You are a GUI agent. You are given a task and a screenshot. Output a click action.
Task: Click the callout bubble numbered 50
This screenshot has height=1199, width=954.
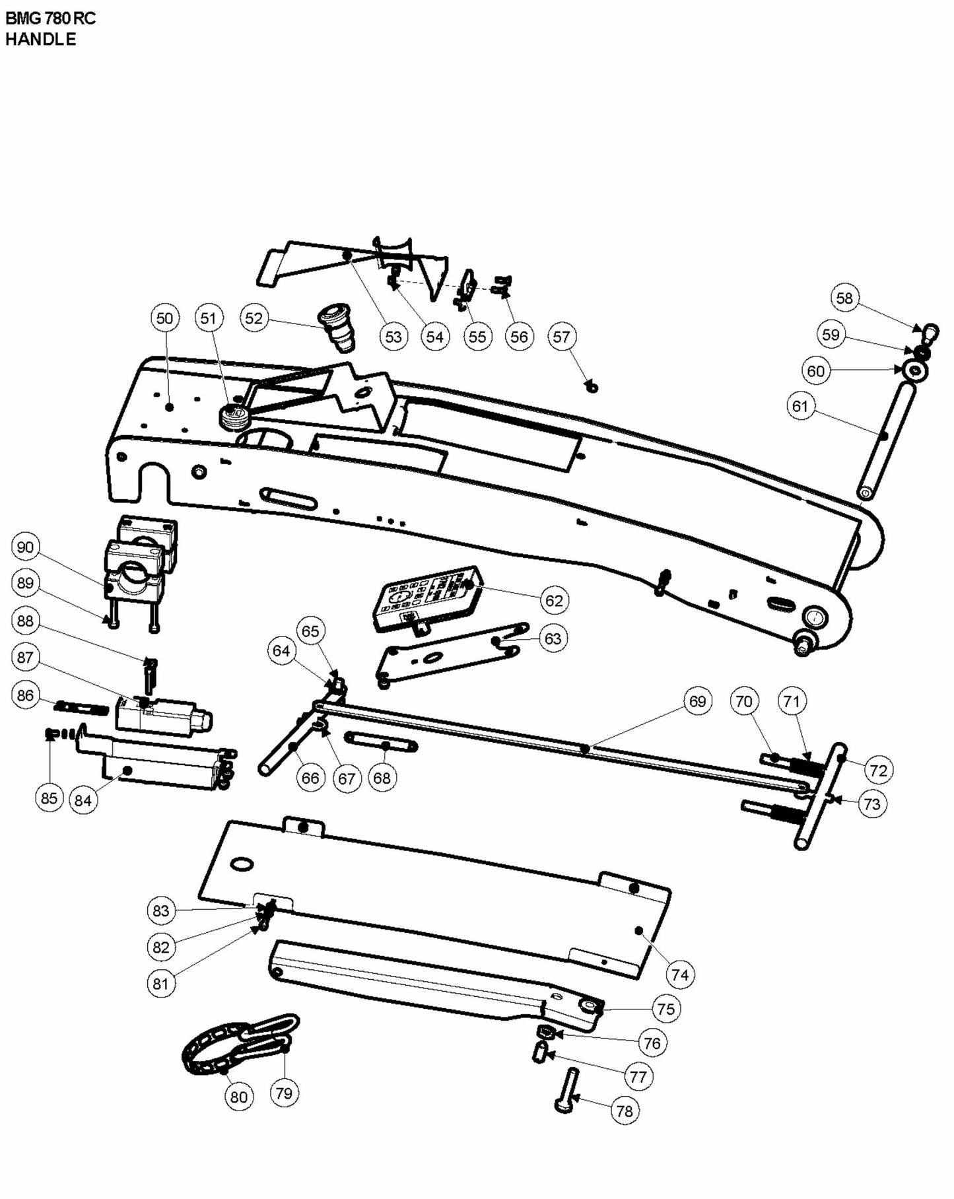164,318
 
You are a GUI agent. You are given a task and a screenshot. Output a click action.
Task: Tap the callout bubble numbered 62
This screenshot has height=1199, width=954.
554,600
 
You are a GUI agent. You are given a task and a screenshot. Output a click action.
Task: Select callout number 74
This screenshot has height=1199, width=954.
680,975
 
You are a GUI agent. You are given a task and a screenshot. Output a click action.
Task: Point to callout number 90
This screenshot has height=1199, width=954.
25,547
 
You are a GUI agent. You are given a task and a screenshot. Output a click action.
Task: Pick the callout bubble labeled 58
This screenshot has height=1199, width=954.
844,298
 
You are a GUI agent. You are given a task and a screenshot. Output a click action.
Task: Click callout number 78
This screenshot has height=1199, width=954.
625,1111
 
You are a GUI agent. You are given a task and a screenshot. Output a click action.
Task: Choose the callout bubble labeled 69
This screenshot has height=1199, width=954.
697,701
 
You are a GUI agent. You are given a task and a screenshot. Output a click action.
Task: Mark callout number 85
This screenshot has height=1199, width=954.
49,798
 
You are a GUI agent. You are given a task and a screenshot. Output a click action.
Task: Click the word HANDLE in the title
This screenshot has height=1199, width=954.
40,39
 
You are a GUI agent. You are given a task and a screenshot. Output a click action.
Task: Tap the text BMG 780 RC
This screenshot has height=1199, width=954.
50,18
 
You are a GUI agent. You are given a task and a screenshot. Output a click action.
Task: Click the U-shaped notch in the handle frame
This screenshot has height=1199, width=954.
154,482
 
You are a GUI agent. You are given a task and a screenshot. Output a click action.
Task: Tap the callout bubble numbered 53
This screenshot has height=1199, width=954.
393,336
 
